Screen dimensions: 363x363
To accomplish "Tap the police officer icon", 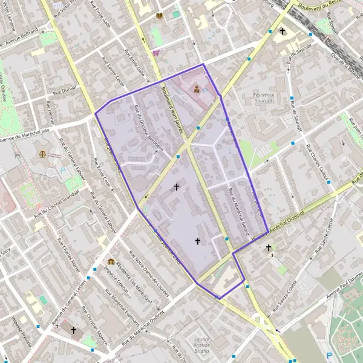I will click(x=197, y=89).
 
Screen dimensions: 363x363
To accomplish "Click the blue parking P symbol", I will click(x=330, y=355).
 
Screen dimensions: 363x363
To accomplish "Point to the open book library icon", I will click(x=160, y=16).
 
